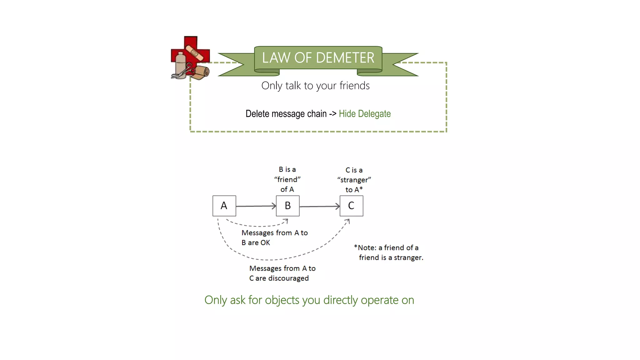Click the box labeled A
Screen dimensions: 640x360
click(x=224, y=206)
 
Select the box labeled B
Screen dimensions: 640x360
click(x=287, y=206)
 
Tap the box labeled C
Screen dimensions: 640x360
click(x=351, y=206)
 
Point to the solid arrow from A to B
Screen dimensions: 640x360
click(x=256, y=206)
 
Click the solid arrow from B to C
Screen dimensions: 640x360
click(x=319, y=206)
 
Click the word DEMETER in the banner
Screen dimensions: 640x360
click(x=345, y=58)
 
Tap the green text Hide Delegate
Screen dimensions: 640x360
click(x=365, y=114)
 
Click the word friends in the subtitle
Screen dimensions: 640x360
click(x=354, y=86)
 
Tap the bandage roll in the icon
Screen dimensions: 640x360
click(x=200, y=72)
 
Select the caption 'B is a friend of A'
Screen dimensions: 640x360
click(x=287, y=179)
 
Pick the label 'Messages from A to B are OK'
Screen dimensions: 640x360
click(x=274, y=237)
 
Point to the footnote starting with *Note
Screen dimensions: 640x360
click(x=388, y=252)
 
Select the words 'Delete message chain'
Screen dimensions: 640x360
click(x=286, y=114)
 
